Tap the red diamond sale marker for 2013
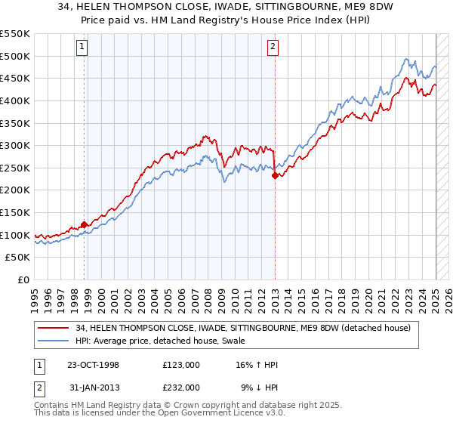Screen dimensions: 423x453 click(x=275, y=175)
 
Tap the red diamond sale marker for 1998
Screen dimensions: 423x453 click(x=85, y=224)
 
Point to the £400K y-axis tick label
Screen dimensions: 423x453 click(x=15, y=100)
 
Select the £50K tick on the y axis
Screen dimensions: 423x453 click(x=18, y=258)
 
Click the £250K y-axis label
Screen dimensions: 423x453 click(x=15, y=168)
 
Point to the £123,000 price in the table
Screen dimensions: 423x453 click(x=181, y=365)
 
